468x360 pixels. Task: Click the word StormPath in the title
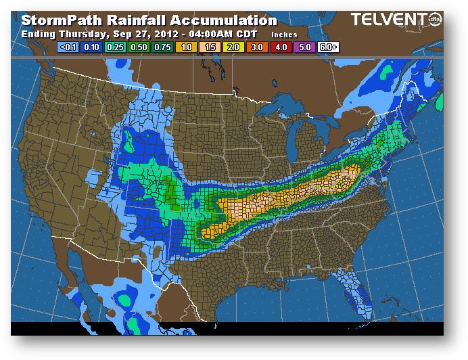point(62,21)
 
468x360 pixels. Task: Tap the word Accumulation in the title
point(223,21)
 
